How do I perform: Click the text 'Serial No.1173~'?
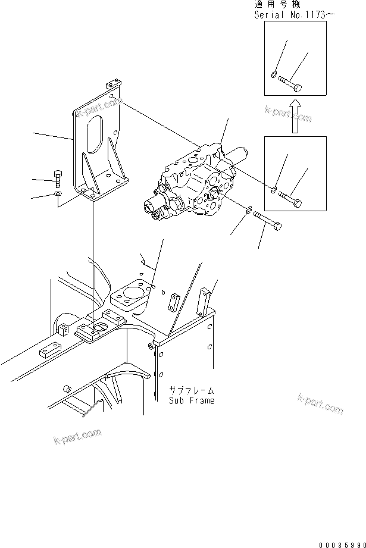pos(290,15)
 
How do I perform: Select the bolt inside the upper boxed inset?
pos(290,84)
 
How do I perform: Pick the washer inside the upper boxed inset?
pos(273,75)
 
